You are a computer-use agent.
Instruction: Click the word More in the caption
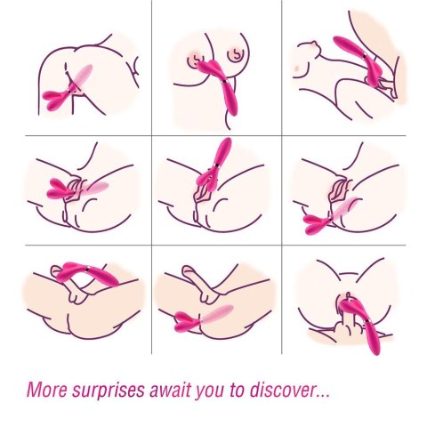coord(47,389)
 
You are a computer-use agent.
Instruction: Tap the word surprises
coord(109,391)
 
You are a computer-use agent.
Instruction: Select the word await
coord(172,389)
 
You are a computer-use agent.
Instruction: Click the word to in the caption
coord(238,390)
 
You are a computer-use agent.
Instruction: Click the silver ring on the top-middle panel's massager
coord(225,83)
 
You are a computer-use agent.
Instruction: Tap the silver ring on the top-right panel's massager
coord(365,55)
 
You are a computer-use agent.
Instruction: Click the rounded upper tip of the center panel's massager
coord(228,141)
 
